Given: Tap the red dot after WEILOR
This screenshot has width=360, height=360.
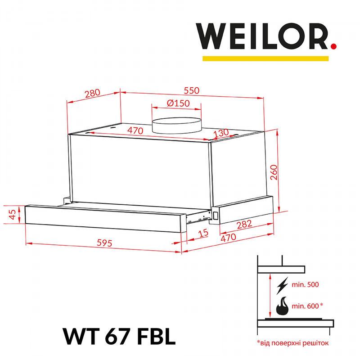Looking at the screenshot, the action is coord(333,46).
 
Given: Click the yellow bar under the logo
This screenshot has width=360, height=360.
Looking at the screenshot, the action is coord(265,58).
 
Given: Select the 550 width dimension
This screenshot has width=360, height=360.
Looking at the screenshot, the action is coord(192,90).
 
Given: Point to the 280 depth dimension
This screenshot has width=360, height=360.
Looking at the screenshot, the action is coord(93,93).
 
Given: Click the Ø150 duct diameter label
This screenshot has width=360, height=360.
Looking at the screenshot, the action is coord(178,103).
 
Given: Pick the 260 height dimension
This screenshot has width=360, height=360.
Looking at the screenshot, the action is coord(274,172).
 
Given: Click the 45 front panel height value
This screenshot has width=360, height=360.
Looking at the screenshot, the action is coord(13,214).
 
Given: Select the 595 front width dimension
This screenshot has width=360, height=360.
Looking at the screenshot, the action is coord(104,243).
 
